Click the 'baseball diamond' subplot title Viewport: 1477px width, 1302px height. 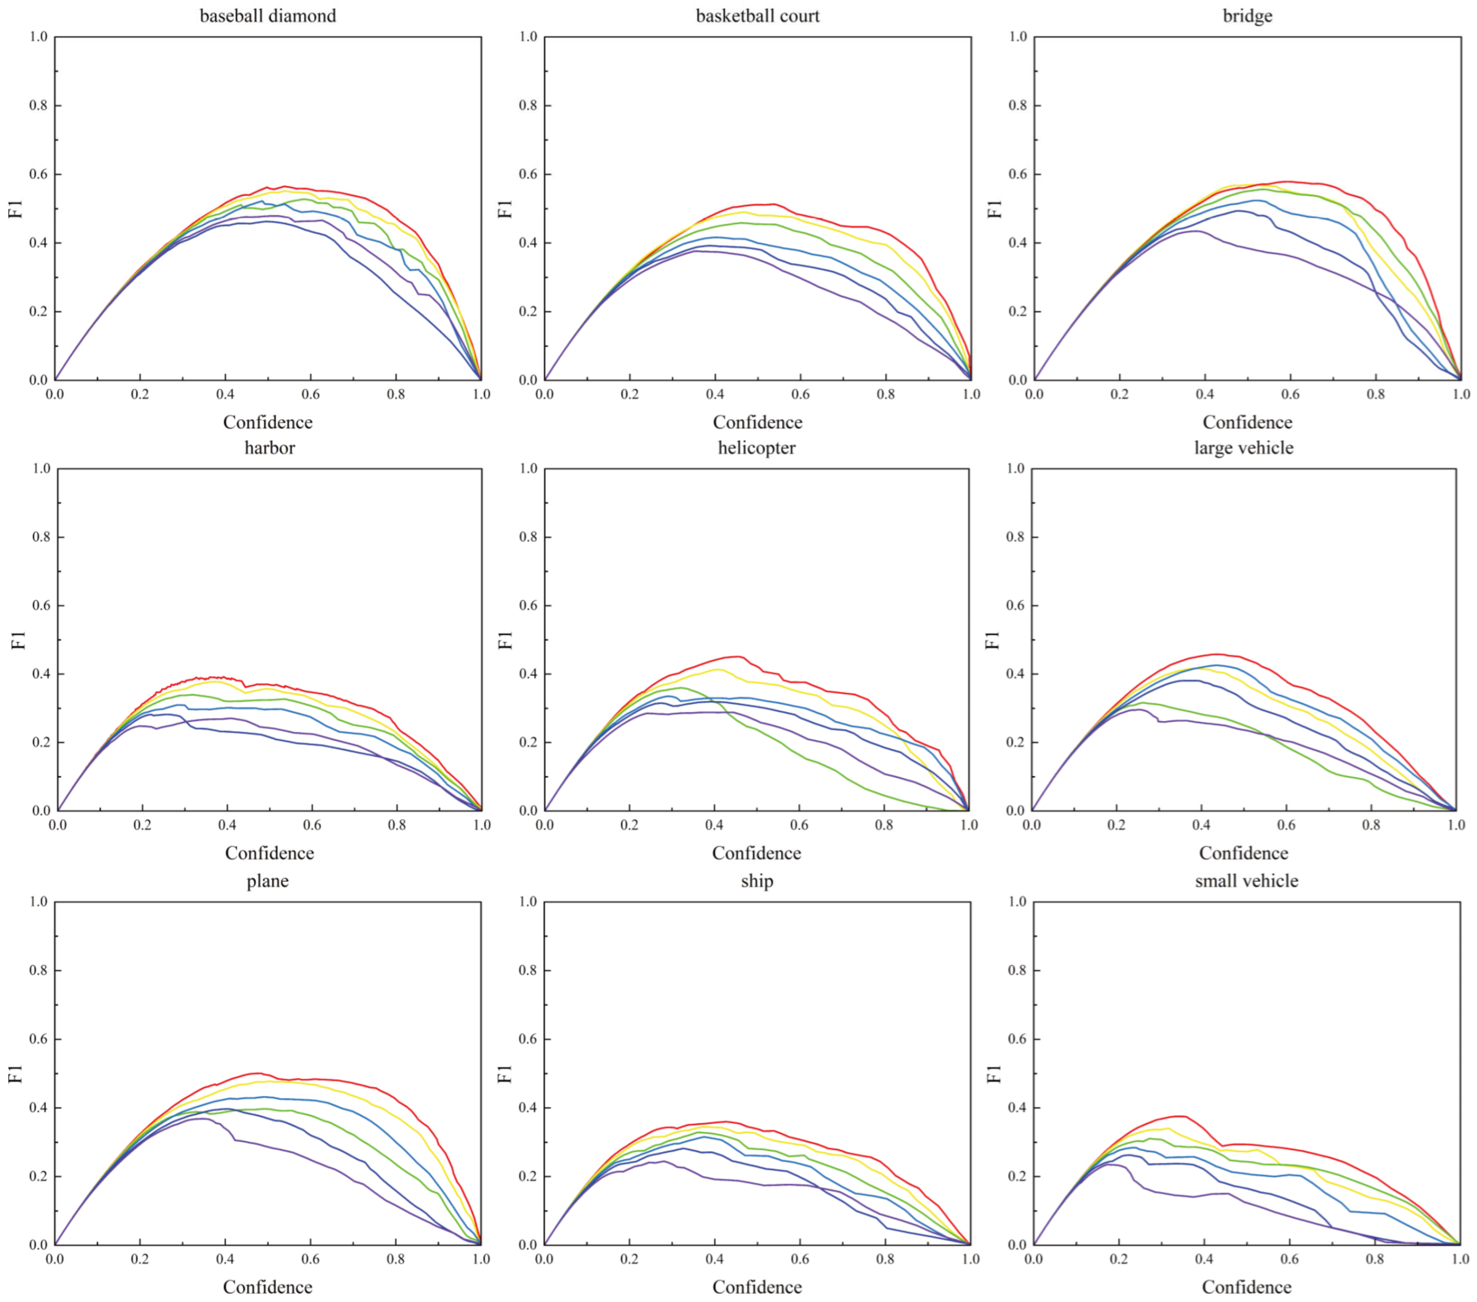pos(267,16)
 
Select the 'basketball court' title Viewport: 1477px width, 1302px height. pos(757,16)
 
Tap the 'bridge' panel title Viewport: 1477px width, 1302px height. pos(1247,16)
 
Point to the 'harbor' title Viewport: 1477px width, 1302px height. pos(269,448)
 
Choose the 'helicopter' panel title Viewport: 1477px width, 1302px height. pos(757,448)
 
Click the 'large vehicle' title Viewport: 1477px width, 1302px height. pos(1244,448)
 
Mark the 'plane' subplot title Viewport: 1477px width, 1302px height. pos(267,881)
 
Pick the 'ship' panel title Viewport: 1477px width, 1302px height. pos(757,881)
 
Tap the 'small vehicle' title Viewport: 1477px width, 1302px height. pos(1247,881)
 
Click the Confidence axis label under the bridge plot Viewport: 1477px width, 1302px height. pos(1247,422)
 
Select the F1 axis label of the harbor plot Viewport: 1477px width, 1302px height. pos(18,640)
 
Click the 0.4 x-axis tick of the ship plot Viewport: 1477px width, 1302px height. pos(715,1258)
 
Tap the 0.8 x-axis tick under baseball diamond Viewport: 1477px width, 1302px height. pos(396,394)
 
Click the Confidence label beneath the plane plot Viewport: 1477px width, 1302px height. pos(267,1287)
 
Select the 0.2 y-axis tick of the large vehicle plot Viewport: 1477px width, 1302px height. pos(1015,742)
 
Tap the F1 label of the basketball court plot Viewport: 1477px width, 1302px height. pos(505,208)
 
